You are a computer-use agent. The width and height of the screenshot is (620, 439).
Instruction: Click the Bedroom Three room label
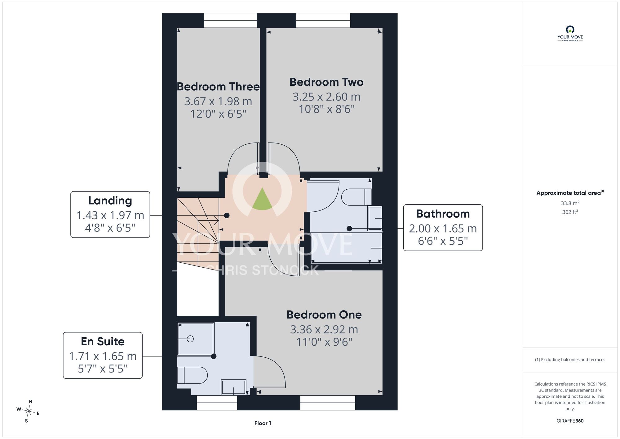tap(218, 87)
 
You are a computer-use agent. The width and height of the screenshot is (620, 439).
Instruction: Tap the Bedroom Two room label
tap(326, 82)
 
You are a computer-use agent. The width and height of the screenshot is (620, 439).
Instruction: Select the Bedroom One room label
tap(324, 315)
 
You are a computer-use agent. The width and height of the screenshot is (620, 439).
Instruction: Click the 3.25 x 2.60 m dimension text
tap(326, 97)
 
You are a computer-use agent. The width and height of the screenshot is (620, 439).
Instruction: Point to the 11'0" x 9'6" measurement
tap(324, 342)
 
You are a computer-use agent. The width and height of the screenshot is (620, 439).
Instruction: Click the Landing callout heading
tap(110, 201)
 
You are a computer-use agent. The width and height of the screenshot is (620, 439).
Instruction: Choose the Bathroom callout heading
tap(443, 214)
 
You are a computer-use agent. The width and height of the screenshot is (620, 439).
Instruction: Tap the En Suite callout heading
tap(103, 342)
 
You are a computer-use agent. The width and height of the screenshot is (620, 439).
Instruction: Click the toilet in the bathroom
tap(356, 197)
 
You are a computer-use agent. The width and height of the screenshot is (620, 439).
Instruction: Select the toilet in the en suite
tap(192, 375)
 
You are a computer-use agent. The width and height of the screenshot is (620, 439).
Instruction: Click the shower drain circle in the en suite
tap(190, 339)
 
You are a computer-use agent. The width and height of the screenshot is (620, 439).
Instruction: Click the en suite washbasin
tap(233, 387)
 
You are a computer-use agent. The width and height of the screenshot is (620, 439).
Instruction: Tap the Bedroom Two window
tap(323, 20)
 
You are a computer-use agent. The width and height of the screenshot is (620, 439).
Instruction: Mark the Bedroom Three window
tap(230, 20)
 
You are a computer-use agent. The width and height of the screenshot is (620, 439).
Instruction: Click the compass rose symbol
tap(28, 412)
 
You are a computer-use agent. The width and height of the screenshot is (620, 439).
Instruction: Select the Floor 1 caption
tap(263, 423)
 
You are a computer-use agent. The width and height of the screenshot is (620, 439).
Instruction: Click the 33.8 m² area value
tap(570, 203)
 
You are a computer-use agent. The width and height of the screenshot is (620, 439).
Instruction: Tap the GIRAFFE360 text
tap(570, 421)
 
